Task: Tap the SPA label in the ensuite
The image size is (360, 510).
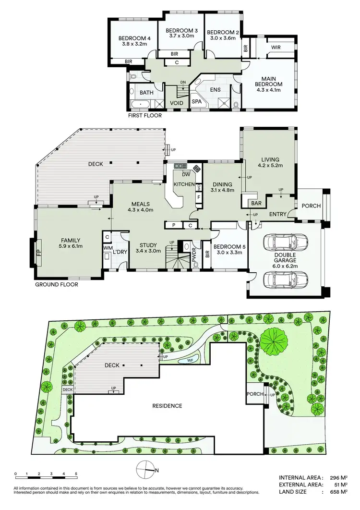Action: pyautogui.click(x=197, y=102)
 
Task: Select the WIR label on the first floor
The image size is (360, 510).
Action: pyautogui.click(x=276, y=47)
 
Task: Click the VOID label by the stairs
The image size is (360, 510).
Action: pyautogui.click(x=177, y=103)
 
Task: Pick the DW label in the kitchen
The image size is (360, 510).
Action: pyautogui.click(x=186, y=175)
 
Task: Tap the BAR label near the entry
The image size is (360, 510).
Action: pyautogui.click(x=256, y=204)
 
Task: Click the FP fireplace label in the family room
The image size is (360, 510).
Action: pyautogui.click(x=39, y=253)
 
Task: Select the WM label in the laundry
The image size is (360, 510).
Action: pyautogui.click(x=107, y=248)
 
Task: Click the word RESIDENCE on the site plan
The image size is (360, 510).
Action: pyautogui.click(x=168, y=406)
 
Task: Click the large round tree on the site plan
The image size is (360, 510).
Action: pyautogui.click(x=274, y=340)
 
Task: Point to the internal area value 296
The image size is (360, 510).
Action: pyautogui.click(x=335, y=478)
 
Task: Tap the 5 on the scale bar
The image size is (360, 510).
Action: pyautogui.click(x=76, y=474)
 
